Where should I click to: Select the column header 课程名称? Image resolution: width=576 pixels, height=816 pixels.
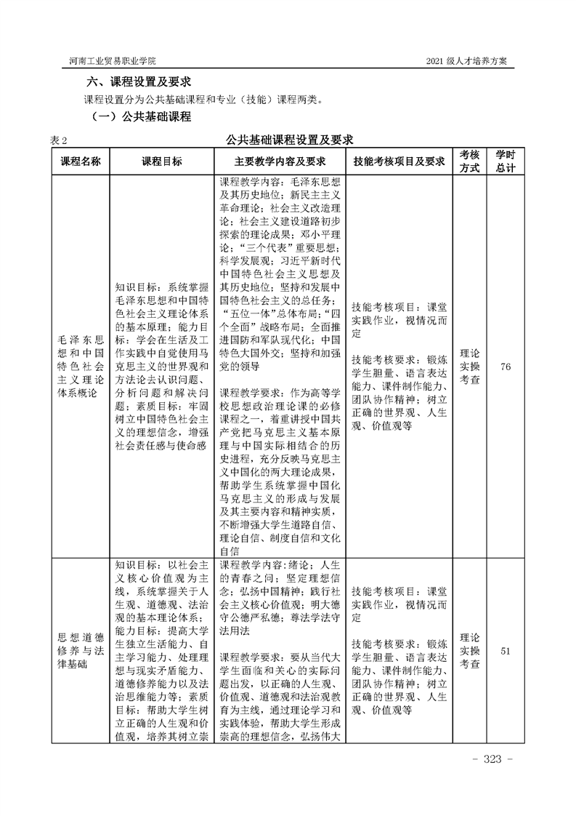[x=80, y=161]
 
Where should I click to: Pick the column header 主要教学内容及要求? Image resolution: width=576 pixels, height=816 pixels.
[x=280, y=161]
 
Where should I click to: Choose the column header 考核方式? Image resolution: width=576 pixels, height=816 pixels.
[x=470, y=161]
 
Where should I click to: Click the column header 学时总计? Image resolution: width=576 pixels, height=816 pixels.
[x=506, y=161]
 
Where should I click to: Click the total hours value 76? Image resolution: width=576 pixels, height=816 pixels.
[x=506, y=367]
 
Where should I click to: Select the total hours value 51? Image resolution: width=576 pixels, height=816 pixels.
[x=506, y=651]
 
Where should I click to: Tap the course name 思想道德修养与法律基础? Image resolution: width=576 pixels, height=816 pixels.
[x=80, y=651]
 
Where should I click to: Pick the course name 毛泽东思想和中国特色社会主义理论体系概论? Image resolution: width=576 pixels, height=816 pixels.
[x=80, y=367]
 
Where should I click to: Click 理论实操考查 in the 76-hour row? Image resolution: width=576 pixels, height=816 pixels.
[x=470, y=367]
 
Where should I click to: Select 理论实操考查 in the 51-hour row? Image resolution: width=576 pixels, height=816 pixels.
[x=470, y=651]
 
